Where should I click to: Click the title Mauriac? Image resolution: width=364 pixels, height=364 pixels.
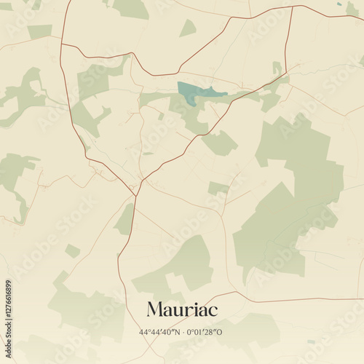pyautogui.click(x=182, y=309)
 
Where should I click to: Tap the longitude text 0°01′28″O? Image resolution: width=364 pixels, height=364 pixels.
pyautogui.click(x=206, y=332)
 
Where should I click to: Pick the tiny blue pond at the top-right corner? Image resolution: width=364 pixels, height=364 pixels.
pyautogui.click(x=339, y=4)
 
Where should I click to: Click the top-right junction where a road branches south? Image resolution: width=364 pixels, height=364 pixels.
pyautogui.click(x=292, y=7)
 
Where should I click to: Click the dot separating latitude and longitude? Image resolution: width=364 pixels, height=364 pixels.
pyautogui.click(x=183, y=332)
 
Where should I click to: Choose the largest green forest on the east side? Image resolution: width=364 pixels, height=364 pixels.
pyautogui.click(x=291, y=197)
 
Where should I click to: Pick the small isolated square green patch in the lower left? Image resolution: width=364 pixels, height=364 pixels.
pyautogui.click(x=72, y=251)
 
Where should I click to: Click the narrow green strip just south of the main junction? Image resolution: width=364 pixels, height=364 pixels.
pyautogui.click(x=125, y=218)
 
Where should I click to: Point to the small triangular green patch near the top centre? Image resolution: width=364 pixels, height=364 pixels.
pyautogui.click(x=188, y=28)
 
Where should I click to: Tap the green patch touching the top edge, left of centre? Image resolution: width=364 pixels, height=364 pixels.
pyautogui.click(x=131, y=7)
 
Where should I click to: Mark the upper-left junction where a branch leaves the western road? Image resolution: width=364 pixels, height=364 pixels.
pyautogui.click(x=61, y=44)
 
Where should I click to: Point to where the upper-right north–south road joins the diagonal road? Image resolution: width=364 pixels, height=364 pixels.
pyautogui.click(x=285, y=72)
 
